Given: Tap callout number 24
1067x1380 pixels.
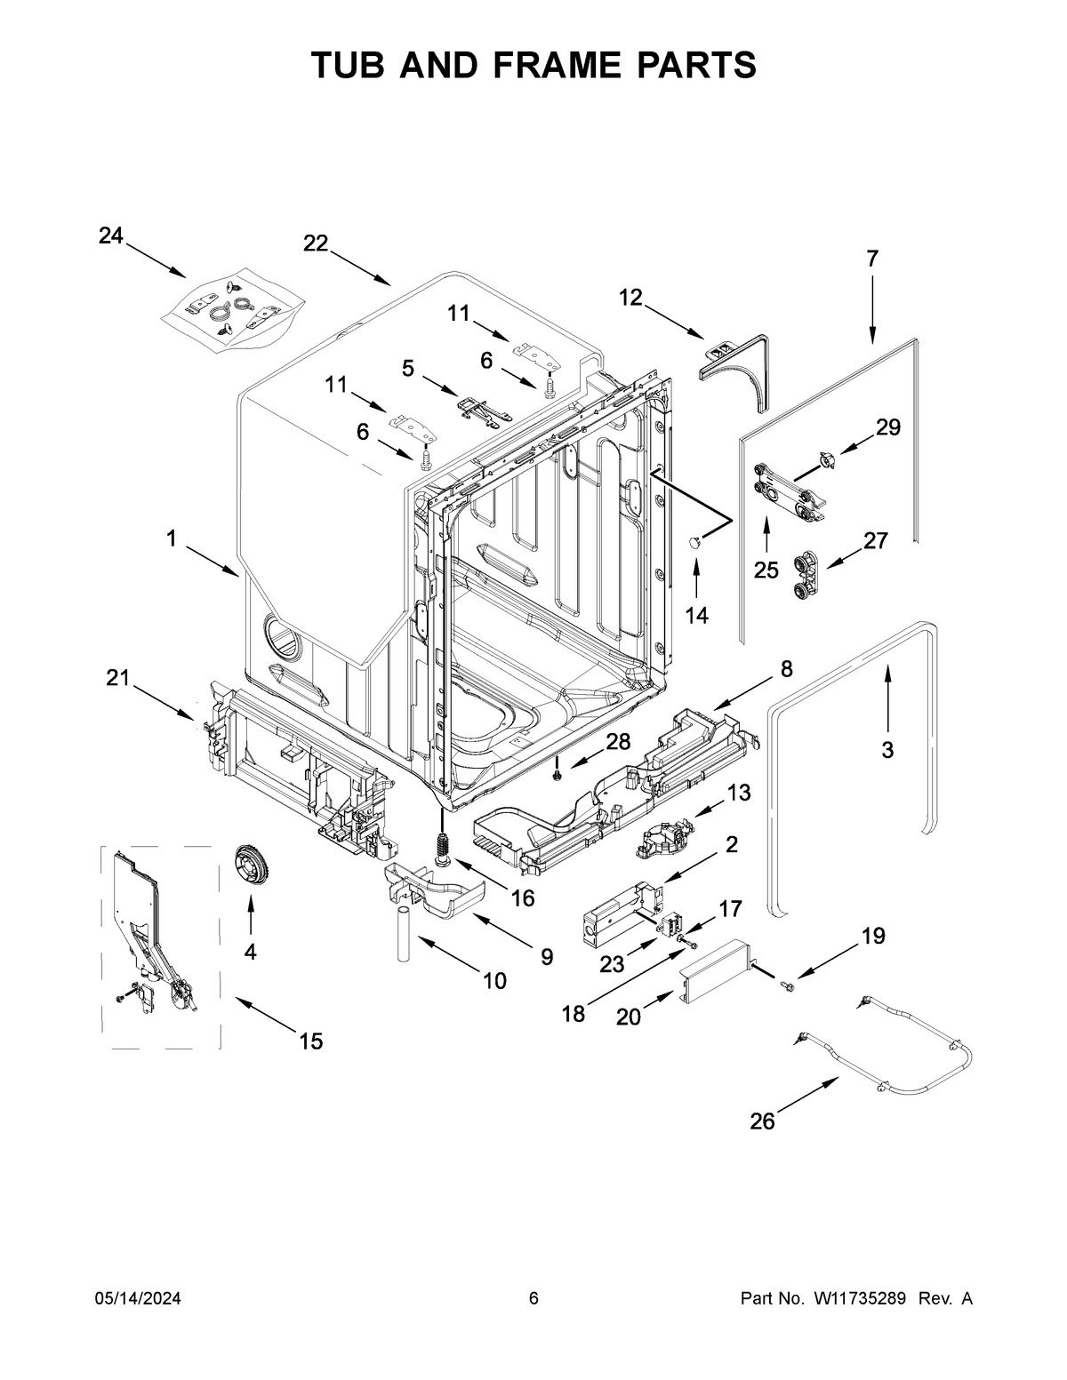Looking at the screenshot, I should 110,235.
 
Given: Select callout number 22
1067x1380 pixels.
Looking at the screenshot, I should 316,243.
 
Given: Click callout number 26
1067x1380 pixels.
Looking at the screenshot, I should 762,1121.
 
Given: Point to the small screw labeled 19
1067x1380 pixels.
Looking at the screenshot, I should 787,984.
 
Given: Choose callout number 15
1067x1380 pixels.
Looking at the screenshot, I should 310,1041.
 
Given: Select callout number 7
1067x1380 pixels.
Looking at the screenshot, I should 871,259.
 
